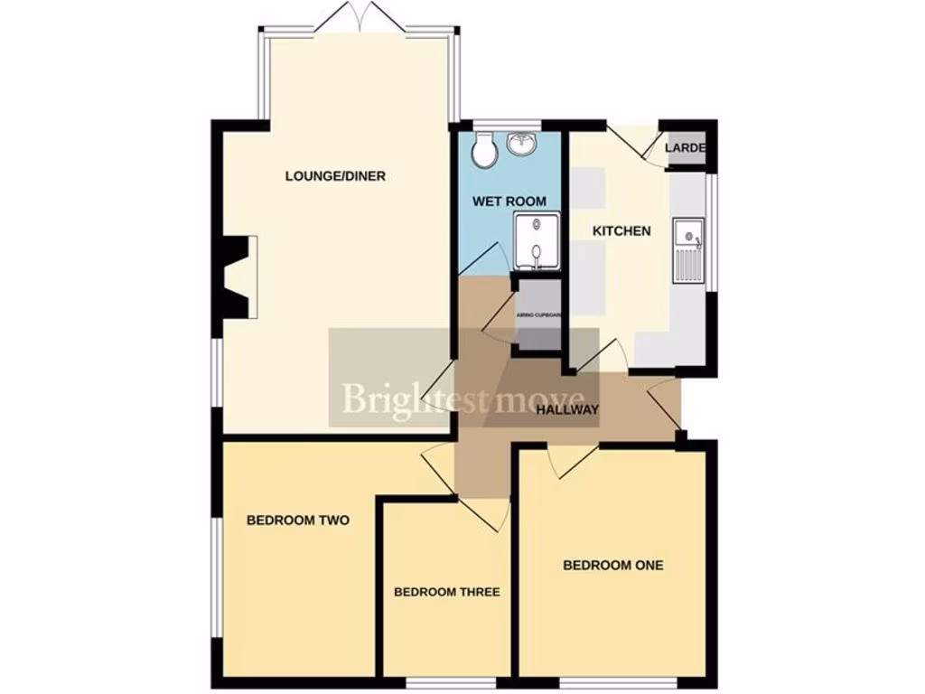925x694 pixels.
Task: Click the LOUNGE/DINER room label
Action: [335, 176]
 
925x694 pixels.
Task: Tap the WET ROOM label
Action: [509, 200]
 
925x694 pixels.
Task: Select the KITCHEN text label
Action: [621, 231]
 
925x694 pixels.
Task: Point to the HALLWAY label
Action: [567, 410]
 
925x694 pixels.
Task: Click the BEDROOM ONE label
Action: [612, 565]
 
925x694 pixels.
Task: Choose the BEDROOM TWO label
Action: [298, 520]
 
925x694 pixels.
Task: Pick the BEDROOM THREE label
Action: [446, 593]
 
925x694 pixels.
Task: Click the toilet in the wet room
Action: [485, 150]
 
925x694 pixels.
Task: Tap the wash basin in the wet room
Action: [523, 144]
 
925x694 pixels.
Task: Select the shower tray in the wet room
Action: [537, 241]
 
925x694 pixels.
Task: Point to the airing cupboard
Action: [538, 315]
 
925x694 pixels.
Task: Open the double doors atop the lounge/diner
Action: [360, 18]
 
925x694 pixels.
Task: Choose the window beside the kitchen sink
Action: [711, 232]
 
